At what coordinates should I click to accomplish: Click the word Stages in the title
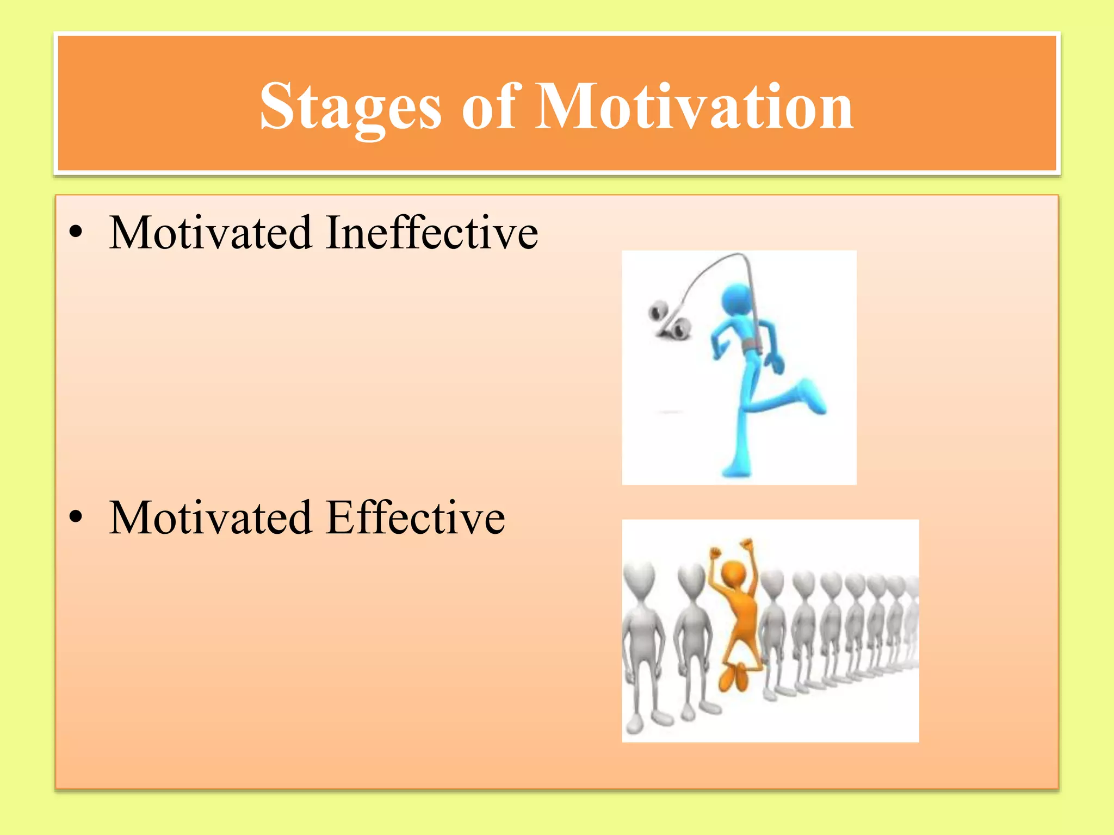pyautogui.click(x=350, y=107)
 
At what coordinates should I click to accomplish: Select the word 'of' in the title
pyautogui.click(x=488, y=107)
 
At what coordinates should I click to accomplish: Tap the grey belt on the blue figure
pyautogui.click(x=751, y=346)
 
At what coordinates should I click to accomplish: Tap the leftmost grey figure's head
pyautogui.click(x=639, y=576)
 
